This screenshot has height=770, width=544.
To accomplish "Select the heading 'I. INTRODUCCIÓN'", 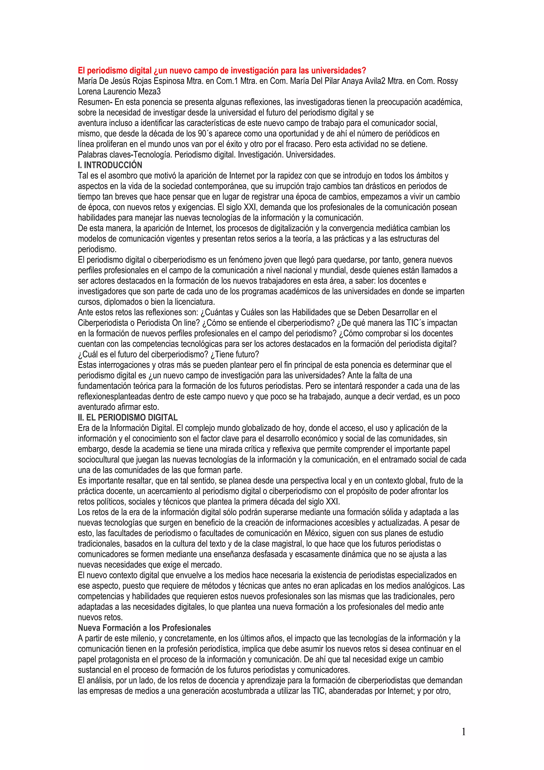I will click(x=110, y=165).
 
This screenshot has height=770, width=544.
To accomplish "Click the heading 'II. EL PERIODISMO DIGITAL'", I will click(x=128, y=417).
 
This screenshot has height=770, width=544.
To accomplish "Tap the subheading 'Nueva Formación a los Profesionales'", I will click(x=144, y=628).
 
